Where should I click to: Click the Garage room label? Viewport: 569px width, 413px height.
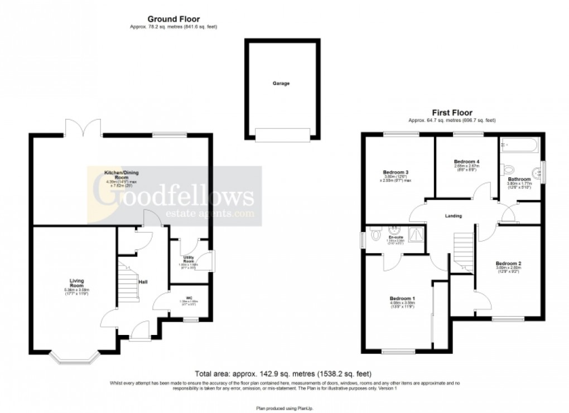click(281, 83)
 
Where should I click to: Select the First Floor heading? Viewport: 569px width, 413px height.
click(452, 112)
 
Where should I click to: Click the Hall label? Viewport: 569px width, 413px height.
click(143, 282)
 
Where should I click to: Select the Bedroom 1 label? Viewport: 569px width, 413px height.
click(402, 299)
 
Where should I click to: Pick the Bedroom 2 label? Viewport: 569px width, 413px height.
click(508, 263)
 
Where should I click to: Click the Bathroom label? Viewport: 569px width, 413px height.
click(519, 179)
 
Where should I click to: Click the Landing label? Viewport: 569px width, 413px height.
click(453, 216)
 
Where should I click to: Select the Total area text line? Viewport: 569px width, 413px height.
click(283, 373)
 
